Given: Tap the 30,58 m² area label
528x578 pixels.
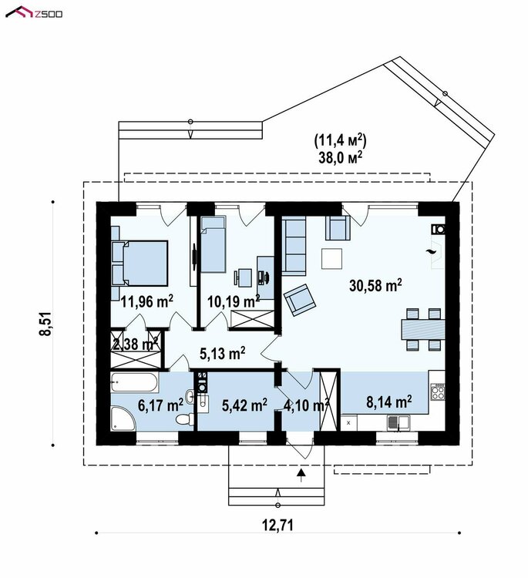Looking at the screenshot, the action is (375, 285).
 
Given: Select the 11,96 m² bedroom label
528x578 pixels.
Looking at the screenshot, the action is (147, 301).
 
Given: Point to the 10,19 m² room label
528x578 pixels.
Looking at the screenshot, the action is (234, 301).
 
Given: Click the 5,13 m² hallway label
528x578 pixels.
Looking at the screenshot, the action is (222, 354).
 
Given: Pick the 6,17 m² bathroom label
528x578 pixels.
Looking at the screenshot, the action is (160, 405).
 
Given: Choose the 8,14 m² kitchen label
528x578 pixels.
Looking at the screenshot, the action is (389, 402).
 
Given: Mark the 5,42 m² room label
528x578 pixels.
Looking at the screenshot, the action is (244, 405).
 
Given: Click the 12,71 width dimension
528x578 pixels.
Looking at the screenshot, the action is (278, 525).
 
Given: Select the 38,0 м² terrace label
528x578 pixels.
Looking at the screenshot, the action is (340, 157).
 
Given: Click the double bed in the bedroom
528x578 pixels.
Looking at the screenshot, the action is (140, 264).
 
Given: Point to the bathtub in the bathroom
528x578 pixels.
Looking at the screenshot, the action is (135, 382).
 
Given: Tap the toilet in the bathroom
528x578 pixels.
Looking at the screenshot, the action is (184, 419).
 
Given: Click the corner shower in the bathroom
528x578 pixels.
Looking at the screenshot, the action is (123, 418).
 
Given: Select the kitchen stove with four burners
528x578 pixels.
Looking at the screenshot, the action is (438, 391).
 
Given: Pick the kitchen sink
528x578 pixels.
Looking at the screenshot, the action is (398, 422).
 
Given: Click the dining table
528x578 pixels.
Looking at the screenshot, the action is (423, 329).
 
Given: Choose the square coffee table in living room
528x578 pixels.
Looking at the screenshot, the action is (332, 259).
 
